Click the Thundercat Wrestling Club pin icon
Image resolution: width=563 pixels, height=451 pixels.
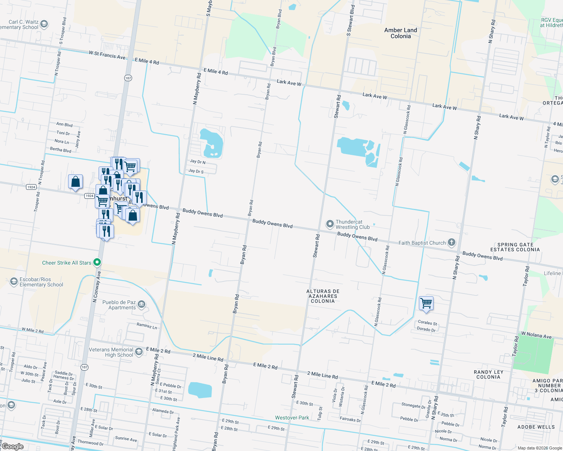pyautogui.click(x=330, y=224)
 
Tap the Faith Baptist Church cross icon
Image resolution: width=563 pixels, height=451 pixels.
pyautogui.click(x=452, y=242)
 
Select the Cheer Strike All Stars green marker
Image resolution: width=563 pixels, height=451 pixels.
pyautogui.click(x=97, y=262)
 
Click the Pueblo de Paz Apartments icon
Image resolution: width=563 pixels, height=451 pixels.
pyautogui.click(x=141, y=304)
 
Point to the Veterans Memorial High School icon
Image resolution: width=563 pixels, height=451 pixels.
pyautogui.click(x=138, y=351)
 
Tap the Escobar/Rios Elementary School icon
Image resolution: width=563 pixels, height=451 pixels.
pyautogui.click(x=14, y=281)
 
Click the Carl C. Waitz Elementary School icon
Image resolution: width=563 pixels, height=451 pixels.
pyautogui.click(x=44, y=24)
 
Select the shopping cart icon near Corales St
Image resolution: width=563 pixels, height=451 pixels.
pyautogui.click(x=426, y=303)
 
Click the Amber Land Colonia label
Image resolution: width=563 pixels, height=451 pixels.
pyautogui.click(x=400, y=33)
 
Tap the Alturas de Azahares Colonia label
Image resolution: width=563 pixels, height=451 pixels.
pyautogui.click(x=323, y=296)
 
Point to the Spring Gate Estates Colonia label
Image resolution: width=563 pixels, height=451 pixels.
pyautogui.click(x=515, y=247)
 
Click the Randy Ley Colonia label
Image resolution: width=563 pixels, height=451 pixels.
pyautogui.click(x=488, y=374)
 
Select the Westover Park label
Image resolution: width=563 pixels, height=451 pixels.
pyautogui.click(x=292, y=418)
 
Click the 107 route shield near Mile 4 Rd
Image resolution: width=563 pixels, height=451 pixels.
pyautogui.click(x=128, y=78)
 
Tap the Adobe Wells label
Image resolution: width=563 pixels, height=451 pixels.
pyautogui.click(x=536, y=427)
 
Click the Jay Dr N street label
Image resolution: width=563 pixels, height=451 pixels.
pyautogui.click(x=198, y=162)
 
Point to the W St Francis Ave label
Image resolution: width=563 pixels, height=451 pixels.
pyautogui.click(x=107, y=55)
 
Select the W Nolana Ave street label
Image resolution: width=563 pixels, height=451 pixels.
pyautogui.click(x=536, y=335)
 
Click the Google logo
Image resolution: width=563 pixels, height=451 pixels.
pyautogui.click(x=12, y=446)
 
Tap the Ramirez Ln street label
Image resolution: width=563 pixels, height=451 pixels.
pyautogui.click(x=147, y=326)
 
